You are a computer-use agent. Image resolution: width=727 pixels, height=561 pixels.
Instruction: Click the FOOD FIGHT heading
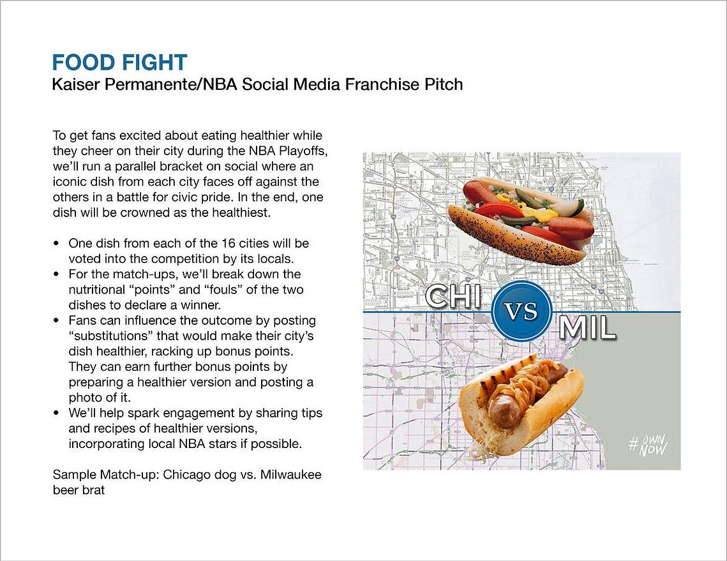pyautogui.click(x=119, y=63)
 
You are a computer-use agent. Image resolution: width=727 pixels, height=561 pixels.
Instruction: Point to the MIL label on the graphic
pyautogui.click(x=587, y=327)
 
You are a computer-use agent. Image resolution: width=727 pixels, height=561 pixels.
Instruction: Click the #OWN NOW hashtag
pyautogui.click(x=648, y=445)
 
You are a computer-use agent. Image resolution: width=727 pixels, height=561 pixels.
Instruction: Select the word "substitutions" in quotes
pyautogui.click(x=111, y=336)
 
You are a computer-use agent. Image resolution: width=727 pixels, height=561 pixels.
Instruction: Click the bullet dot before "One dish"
pyautogui.click(x=57, y=244)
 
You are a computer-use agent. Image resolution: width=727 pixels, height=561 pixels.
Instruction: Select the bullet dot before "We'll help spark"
pyautogui.click(x=57, y=413)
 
